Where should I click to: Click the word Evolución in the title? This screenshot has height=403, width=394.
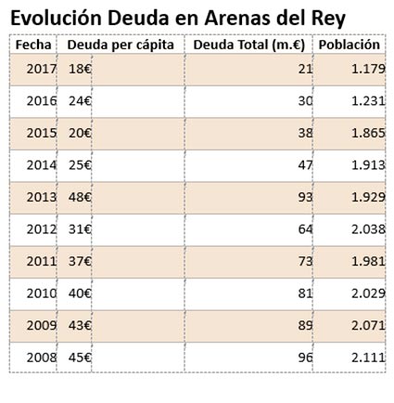click(x=57, y=18)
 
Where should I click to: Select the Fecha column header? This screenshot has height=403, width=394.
click(x=33, y=45)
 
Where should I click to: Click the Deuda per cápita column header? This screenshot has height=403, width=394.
click(x=121, y=45)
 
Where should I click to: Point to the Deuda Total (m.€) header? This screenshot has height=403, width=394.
click(x=249, y=45)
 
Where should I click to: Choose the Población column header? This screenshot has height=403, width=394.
click(x=350, y=45)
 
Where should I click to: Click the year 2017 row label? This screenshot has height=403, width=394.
click(x=42, y=69)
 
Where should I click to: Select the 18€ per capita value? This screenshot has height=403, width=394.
click(x=80, y=69)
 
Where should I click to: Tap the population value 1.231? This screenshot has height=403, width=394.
click(x=368, y=101)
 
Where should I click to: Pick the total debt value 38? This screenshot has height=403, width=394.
click(x=305, y=133)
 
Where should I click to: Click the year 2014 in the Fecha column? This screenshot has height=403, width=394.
click(x=42, y=165)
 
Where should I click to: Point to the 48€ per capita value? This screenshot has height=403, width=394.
click(x=80, y=197)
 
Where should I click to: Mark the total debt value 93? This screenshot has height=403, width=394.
click(x=305, y=197)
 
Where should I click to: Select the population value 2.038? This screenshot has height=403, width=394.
click(x=368, y=229)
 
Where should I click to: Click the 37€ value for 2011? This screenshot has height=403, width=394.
click(x=80, y=262)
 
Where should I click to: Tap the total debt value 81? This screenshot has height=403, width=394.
click(x=305, y=293)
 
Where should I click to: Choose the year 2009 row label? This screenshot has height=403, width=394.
click(x=42, y=326)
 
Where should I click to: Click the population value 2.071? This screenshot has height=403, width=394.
click(x=368, y=326)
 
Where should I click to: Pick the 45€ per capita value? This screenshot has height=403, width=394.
click(x=80, y=357)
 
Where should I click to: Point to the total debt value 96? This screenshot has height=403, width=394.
click(x=305, y=357)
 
